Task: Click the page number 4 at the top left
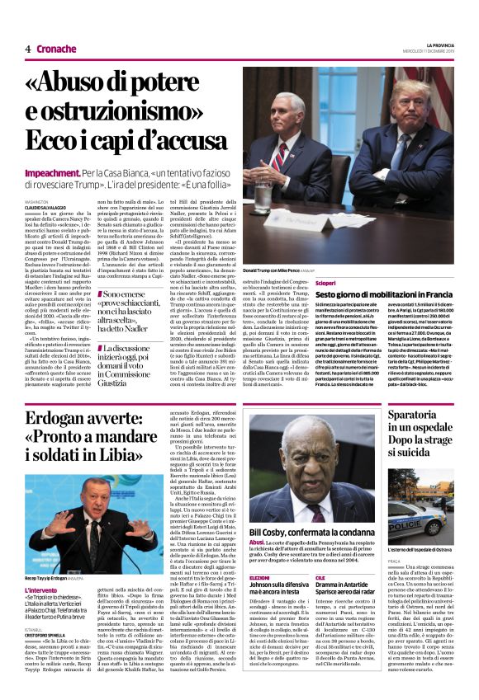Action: tap(27, 49)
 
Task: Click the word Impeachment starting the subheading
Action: tap(53, 175)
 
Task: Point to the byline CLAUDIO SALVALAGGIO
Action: tap(46, 204)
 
